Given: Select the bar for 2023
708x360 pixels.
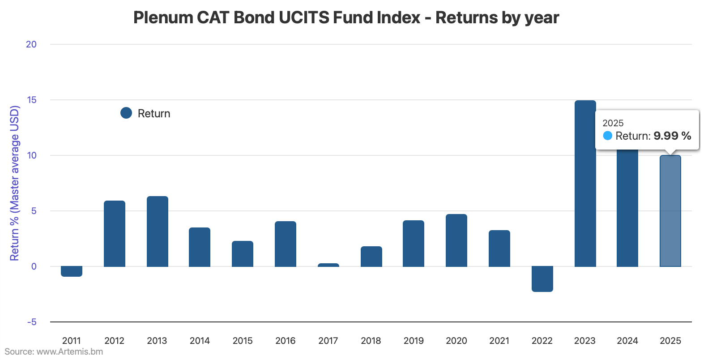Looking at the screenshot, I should (585, 184).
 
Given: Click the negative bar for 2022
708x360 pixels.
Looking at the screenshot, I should (542, 279).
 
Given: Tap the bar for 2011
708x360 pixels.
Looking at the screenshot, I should (72, 271).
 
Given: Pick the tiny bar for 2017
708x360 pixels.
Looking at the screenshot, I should (328, 265).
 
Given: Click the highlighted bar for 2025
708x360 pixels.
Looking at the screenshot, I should (670, 211).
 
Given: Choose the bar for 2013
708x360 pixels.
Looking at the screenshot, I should (158, 231).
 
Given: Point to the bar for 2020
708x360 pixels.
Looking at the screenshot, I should (456, 240).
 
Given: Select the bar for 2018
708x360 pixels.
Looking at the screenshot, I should (371, 256).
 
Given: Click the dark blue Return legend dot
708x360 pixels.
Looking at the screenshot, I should (126, 113).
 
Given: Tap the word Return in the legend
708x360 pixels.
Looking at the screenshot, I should (154, 114).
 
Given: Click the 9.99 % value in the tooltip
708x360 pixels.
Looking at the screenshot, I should (672, 136).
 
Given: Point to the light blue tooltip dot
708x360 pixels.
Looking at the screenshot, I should (607, 136).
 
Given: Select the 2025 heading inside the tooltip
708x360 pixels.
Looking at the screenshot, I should (613, 123).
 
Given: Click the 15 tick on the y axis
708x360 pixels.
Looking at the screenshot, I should (31, 100).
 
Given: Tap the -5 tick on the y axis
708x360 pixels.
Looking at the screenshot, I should (31, 322).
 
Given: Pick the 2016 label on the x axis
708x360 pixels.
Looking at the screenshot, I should (286, 341).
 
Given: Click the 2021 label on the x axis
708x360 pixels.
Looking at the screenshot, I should (499, 341).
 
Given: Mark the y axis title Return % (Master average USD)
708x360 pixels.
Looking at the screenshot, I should (15, 183).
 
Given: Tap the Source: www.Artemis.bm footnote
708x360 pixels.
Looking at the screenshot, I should (54, 351).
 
